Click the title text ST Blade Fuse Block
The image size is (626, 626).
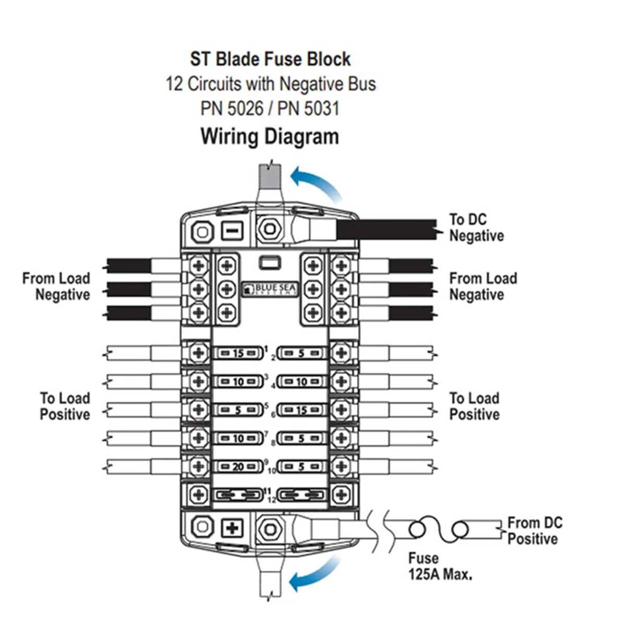[270, 59]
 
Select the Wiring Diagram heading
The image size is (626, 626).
[270, 137]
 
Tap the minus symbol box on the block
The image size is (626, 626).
[232, 230]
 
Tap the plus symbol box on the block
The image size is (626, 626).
[232, 528]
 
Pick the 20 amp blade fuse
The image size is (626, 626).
[238, 467]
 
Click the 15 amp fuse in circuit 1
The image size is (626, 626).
[238, 353]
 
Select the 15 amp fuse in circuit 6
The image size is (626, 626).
[302, 410]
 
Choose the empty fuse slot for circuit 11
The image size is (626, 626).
[238, 494]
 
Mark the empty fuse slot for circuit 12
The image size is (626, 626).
[302, 494]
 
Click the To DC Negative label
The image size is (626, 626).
[476, 227]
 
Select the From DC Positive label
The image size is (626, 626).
[535, 531]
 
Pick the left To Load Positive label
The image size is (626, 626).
[65, 406]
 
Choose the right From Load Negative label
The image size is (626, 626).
[483, 286]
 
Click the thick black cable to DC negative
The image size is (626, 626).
[386, 230]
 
